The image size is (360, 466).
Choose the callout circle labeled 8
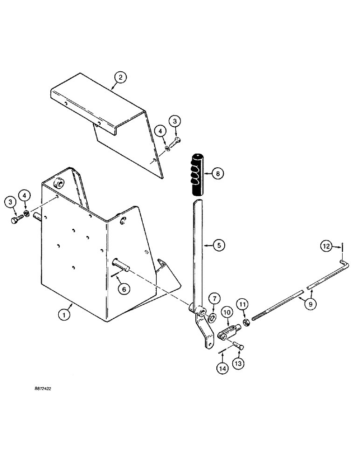[x=217, y=173]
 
